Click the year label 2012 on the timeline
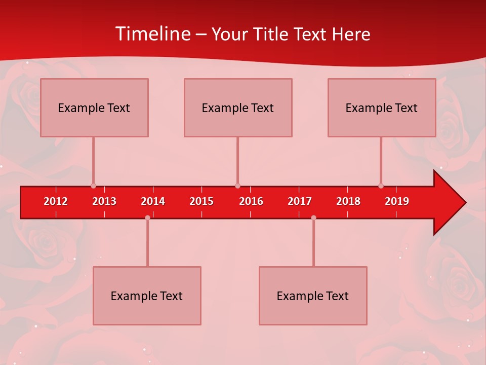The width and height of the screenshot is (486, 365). point(56,201)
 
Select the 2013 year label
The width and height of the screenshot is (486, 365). point(104,201)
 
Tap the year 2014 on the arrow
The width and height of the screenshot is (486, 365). point(153,201)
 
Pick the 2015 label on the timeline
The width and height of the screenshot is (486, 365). point(201,201)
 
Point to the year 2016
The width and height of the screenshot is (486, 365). point(251,201)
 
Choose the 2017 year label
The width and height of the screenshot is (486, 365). point(300,201)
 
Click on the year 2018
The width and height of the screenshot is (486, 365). point(348,201)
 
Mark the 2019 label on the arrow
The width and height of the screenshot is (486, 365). point(397,201)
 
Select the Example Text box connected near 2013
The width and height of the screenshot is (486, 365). point(94,107)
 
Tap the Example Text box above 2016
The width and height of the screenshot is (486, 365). point(238,107)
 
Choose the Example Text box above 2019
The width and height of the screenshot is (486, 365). point(382,107)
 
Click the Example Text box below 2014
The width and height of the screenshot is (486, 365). point(147,296)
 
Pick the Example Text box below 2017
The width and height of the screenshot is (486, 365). point(313,296)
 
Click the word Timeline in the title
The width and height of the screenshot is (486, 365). point(152,34)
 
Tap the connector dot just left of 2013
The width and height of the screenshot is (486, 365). point(93,186)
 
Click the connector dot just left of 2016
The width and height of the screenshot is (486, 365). point(237,186)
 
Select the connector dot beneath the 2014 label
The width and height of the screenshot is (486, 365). point(147,217)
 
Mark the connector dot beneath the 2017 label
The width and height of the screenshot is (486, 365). point(313,217)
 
